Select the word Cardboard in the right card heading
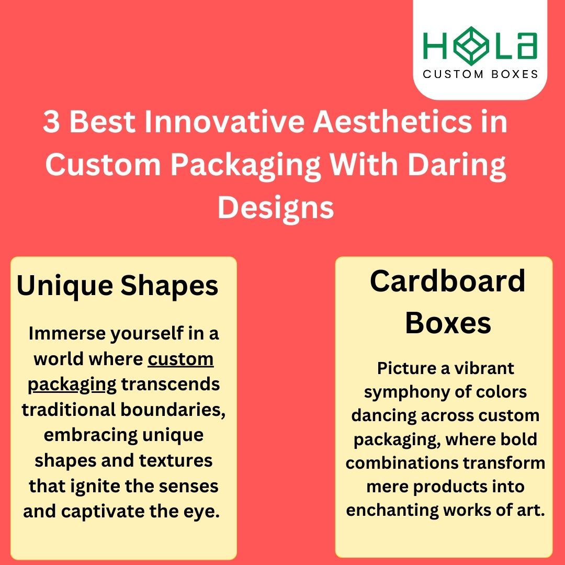(x=447, y=281)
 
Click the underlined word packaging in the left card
(x=72, y=385)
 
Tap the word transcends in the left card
(x=171, y=385)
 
